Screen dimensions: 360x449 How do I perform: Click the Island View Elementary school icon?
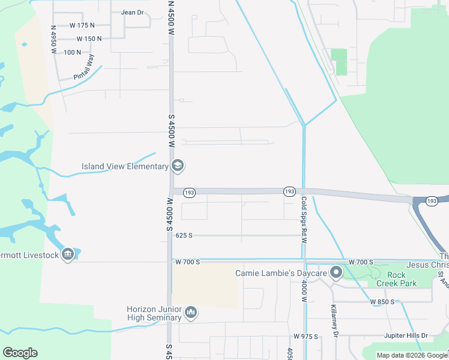point(178,166)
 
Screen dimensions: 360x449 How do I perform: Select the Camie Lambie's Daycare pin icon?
point(336,274)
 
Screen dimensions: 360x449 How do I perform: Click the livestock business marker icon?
point(68,255)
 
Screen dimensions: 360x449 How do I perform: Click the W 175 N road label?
point(82,25)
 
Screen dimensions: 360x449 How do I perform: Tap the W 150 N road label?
point(89,38)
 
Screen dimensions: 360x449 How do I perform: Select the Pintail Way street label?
point(84,67)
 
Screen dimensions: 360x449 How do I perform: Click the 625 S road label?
point(184,236)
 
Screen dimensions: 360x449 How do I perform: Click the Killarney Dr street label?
point(334,323)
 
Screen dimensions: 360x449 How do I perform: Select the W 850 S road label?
point(378,301)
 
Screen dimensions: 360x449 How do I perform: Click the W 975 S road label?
point(306,337)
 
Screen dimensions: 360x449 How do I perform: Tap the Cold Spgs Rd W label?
point(304,220)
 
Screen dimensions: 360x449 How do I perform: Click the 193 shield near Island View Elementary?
point(190,192)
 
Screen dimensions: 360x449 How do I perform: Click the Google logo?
point(20,353)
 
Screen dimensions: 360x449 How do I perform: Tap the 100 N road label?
point(72,52)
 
